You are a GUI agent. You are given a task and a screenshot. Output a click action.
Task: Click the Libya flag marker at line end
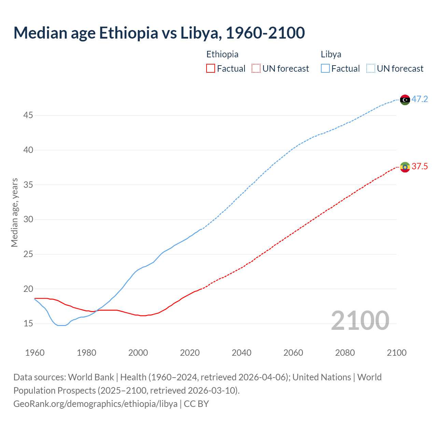point(405,100)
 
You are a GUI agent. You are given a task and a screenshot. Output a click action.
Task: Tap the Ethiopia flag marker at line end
point(405,167)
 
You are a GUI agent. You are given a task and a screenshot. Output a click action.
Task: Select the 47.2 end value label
point(420,99)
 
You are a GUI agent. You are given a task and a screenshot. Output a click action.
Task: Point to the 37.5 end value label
point(420,167)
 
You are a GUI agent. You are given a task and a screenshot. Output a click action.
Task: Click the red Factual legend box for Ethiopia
point(211,69)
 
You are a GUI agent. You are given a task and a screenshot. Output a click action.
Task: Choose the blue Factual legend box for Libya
point(325,69)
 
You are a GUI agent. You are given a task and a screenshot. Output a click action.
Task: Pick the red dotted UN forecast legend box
point(256,69)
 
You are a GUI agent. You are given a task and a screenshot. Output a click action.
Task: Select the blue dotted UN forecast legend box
point(371,69)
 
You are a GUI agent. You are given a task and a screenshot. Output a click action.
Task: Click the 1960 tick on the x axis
point(35,353)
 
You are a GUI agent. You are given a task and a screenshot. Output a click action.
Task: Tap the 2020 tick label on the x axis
point(190,353)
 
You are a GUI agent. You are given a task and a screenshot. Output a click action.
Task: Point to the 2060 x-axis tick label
point(293,353)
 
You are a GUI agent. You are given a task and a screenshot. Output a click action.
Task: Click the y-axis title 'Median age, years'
point(14,212)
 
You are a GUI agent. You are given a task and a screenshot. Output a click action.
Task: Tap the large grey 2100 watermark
point(360,321)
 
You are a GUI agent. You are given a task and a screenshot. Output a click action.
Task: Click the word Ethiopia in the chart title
point(129,33)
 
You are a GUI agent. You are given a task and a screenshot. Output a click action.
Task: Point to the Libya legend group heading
point(331,54)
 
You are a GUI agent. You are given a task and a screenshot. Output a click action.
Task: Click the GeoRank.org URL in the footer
point(95,404)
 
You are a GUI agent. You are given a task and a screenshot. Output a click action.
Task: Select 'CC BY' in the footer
point(196,404)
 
